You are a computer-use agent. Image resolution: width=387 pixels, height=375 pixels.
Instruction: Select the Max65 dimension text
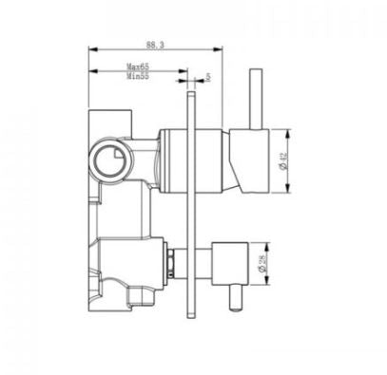142,67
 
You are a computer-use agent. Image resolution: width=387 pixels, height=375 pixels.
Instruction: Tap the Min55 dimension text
142,78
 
